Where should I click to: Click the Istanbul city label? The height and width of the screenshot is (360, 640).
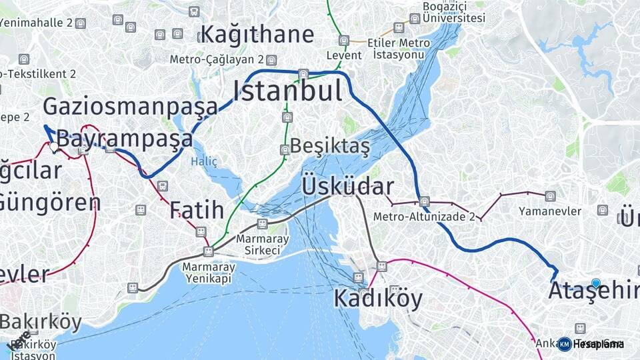[287, 91]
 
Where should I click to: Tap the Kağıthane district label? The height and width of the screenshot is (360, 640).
[257, 34]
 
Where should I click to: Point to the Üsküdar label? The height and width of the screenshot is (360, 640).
[347, 186]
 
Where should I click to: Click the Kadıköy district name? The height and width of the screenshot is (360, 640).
[378, 298]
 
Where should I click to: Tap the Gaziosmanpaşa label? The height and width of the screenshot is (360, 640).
[130, 107]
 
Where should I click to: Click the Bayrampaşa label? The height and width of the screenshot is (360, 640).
[125, 139]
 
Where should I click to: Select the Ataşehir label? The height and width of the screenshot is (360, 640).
[593, 291]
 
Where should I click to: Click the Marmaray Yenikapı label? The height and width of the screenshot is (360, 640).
[206, 273]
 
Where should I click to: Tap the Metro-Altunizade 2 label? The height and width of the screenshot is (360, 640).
[424, 217]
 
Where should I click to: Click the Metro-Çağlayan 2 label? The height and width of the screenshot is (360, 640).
[217, 59]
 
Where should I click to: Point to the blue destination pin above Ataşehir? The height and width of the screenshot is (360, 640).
[595, 283]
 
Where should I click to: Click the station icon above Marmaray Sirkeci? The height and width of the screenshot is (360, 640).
[262, 224]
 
